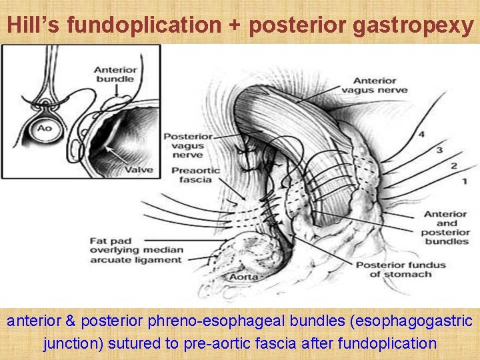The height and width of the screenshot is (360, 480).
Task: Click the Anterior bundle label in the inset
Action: [x=114, y=74]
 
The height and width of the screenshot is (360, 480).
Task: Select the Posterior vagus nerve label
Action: [x=189, y=146]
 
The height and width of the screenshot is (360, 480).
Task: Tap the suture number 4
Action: [x=421, y=135]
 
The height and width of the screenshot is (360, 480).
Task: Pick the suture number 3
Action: [x=439, y=151]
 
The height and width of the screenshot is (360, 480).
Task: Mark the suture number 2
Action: [x=453, y=165]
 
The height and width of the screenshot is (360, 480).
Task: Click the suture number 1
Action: [x=463, y=181]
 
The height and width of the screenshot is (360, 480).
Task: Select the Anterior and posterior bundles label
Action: [x=446, y=228]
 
